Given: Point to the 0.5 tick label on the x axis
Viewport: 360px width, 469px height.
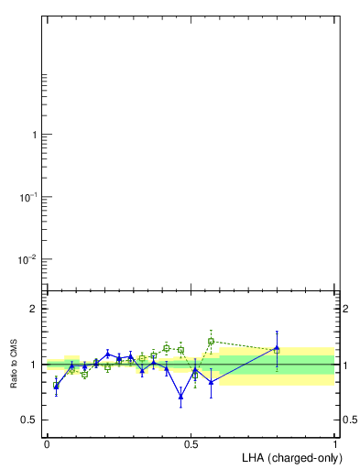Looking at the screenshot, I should coord(191,443).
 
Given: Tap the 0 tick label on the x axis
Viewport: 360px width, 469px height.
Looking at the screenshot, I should coord(47,443).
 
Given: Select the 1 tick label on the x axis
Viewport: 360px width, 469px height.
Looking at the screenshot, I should coord(336,443).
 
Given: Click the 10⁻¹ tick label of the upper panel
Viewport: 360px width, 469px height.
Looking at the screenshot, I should coord(28,197).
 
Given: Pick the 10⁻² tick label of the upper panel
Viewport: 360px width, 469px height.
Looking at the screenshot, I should coord(28,259).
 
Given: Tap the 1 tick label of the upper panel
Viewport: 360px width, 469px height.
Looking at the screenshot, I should coord(35,135).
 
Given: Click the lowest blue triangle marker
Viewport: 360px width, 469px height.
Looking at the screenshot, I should coord(180,396).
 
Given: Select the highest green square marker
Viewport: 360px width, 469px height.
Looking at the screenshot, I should coord(211,341).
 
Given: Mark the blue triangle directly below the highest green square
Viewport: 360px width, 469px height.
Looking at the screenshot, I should coord(211,382).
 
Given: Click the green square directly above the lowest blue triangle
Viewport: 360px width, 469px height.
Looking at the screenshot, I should coord(180,350).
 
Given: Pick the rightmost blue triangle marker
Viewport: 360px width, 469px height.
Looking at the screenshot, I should coord(277,348).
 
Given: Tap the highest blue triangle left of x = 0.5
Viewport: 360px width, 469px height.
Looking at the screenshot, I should coord(108,354).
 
